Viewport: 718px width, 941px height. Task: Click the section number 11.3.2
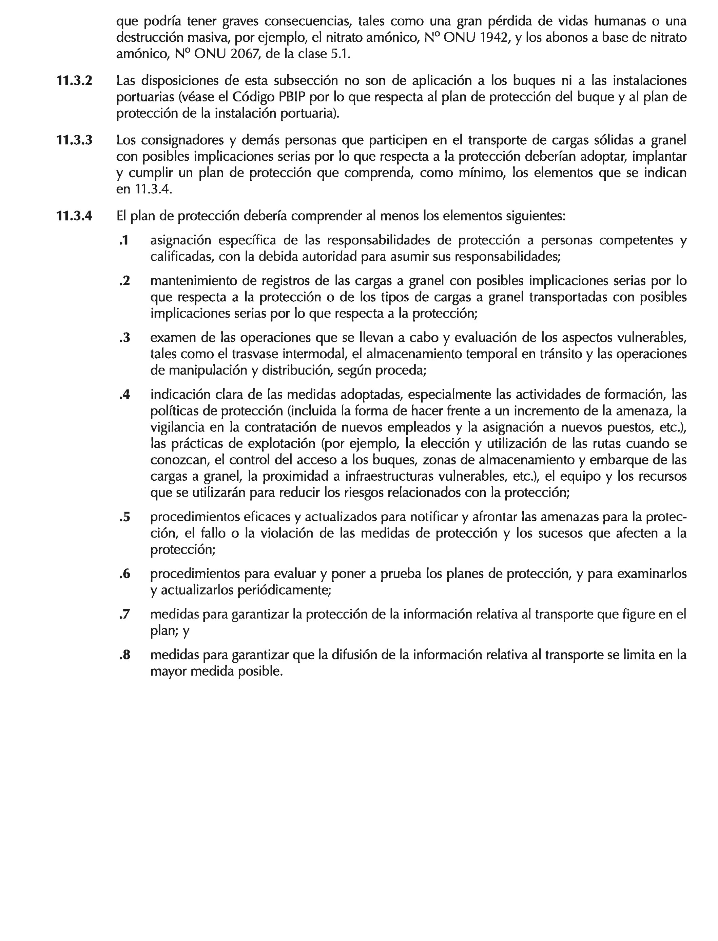[x=74, y=81]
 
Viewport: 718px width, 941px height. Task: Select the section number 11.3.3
[x=74, y=140]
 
